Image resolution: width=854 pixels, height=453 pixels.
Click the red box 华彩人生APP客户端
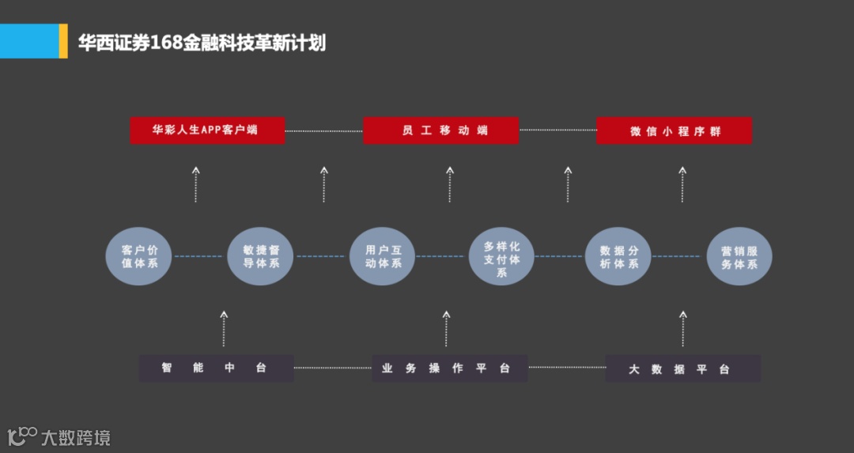(207, 130)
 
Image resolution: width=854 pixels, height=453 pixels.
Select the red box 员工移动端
(440, 130)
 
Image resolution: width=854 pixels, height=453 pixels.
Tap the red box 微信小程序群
(674, 131)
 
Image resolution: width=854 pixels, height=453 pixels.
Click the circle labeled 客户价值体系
(139, 256)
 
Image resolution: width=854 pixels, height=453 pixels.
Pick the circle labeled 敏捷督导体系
(260, 256)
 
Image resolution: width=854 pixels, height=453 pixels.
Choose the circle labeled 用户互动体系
(383, 256)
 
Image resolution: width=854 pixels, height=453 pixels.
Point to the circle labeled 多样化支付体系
(501, 256)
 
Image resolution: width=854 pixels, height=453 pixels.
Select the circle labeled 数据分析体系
(618, 256)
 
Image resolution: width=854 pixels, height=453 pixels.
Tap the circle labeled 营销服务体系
(739, 256)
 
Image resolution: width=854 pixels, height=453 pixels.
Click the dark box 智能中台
(216, 368)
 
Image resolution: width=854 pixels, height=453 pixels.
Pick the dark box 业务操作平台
(449, 368)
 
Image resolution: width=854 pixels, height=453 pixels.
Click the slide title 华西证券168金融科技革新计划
(202, 42)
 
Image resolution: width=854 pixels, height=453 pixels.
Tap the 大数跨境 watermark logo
(59, 436)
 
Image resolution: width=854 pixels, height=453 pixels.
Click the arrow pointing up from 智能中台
(224, 328)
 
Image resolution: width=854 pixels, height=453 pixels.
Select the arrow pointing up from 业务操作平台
(447, 328)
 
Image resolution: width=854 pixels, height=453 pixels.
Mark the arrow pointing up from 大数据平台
(682, 328)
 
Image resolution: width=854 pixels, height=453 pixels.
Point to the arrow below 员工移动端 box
(449, 183)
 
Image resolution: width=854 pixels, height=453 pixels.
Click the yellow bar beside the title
(63, 41)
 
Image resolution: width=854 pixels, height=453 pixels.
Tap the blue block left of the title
(29, 41)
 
